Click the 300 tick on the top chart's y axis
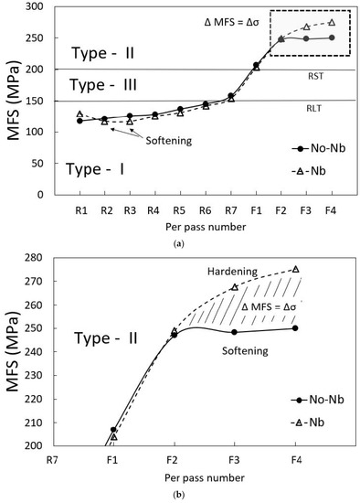48,6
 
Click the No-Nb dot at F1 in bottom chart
113,430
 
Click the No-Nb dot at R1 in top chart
79,121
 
